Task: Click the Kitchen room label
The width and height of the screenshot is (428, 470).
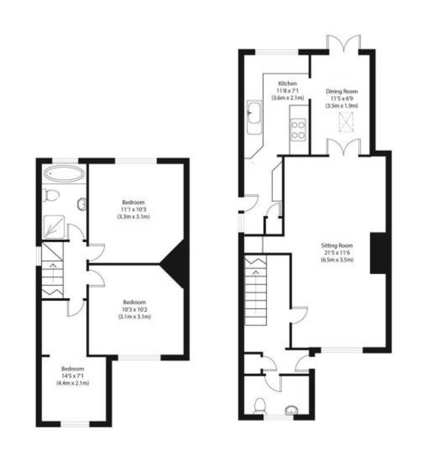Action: (x=287, y=83)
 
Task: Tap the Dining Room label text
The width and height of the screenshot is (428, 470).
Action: (x=342, y=92)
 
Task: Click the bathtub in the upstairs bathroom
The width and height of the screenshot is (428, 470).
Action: (x=63, y=174)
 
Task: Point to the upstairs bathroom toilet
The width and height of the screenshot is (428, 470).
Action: (x=51, y=195)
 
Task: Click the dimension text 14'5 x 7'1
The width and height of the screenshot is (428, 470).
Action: (x=73, y=376)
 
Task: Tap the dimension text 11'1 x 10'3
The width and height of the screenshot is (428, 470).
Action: (x=133, y=210)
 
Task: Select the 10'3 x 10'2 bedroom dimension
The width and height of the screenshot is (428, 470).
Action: (x=134, y=309)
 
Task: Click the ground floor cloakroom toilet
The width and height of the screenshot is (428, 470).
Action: (x=260, y=405)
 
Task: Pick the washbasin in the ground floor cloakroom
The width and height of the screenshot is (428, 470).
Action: (x=291, y=410)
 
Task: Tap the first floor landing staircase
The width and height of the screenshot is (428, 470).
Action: (x=52, y=270)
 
